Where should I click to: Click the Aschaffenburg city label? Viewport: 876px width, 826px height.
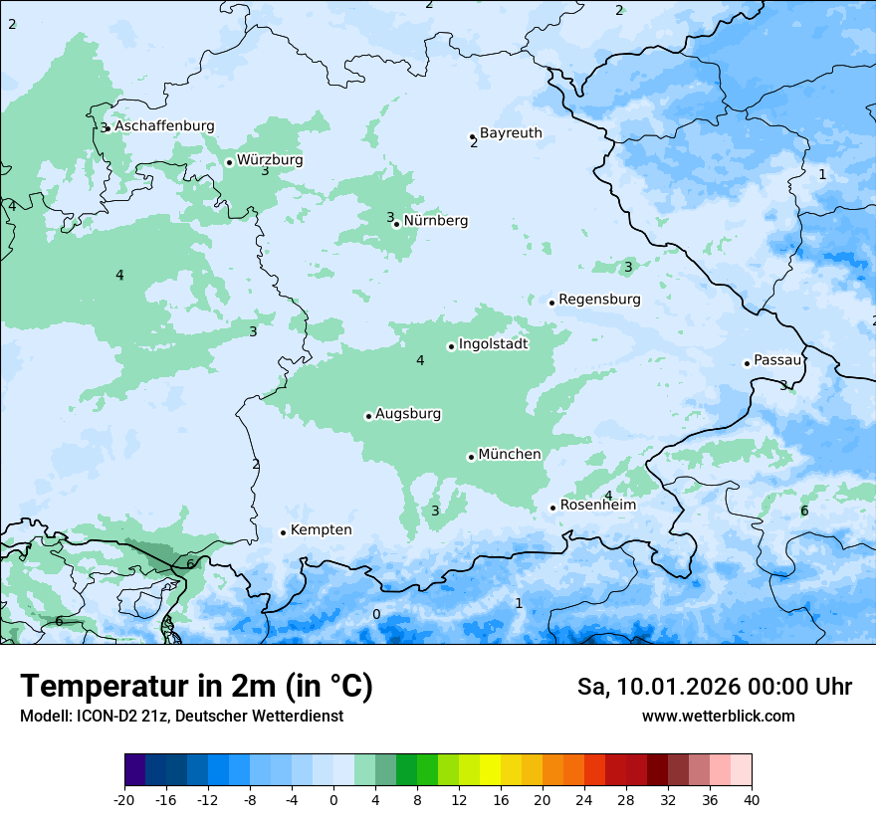(x=164, y=126)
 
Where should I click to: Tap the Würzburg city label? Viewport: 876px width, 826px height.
(x=270, y=160)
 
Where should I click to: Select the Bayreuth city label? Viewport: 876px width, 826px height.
(x=511, y=133)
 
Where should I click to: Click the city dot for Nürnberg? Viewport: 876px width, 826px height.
(x=397, y=224)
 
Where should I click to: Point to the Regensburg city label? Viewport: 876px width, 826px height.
(x=599, y=300)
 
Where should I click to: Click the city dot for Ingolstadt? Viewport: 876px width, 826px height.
(x=451, y=346)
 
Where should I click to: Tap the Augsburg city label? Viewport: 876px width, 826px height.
(x=408, y=414)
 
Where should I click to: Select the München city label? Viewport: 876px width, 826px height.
(x=510, y=455)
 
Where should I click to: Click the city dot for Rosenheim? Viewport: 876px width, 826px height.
(x=552, y=509)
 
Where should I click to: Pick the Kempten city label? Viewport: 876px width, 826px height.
(x=321, y=530)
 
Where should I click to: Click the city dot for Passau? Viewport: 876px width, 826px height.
(x=747, y=363)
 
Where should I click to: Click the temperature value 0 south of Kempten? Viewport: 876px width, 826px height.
(x=376, y=614)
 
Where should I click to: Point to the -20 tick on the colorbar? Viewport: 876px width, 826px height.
(x=124, y=799)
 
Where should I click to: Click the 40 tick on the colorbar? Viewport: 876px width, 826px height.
(x=752, y=799)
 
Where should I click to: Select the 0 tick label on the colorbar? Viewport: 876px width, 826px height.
(x=333, y=799)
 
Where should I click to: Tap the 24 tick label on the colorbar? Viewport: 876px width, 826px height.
(x=584, y=799)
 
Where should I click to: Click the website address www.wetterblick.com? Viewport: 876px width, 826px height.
(x=718, y=717)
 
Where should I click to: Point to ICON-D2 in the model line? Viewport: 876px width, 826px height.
(x=103, y=717)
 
